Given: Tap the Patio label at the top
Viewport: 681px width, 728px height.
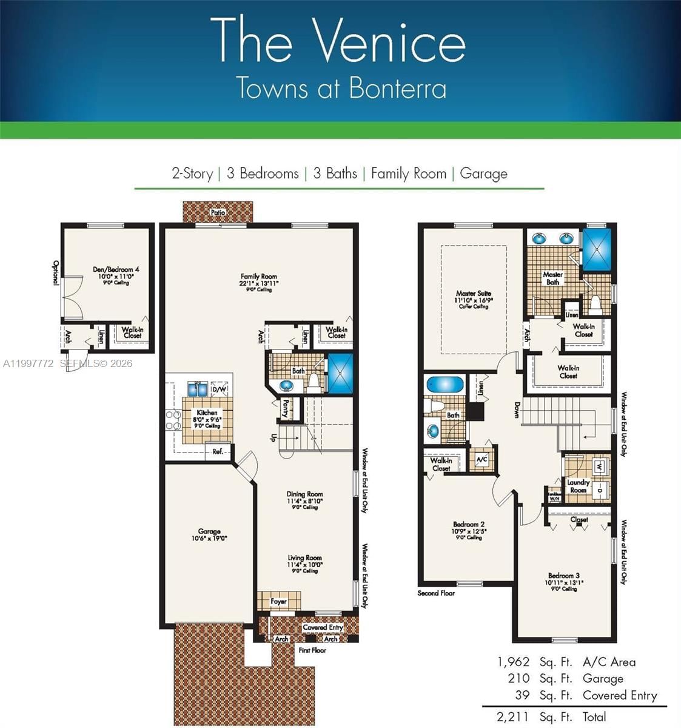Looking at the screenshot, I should point(218,212).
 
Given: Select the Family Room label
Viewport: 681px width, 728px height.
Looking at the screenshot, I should point(259,277).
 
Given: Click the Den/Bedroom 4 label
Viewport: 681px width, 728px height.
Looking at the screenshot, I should point(116,269).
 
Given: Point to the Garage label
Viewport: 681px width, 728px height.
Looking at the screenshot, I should point(209,531).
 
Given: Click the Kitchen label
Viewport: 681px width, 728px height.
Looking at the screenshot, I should point(207,413).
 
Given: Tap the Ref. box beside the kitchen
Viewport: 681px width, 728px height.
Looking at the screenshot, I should point(218,451).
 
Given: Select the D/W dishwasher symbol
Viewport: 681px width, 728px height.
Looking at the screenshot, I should point(220,389).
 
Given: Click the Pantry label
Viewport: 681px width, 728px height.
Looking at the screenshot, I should point(284,408).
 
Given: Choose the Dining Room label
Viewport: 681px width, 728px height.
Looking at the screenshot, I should point(304,494).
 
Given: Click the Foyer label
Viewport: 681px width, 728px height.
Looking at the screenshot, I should point(278,601).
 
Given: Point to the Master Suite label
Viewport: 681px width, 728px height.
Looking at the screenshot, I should point(474,294).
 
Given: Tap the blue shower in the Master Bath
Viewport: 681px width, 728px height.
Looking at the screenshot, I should point(597,249).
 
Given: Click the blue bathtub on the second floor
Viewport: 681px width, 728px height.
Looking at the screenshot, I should point(444,385).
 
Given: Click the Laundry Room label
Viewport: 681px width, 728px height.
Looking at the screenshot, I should point(578,486).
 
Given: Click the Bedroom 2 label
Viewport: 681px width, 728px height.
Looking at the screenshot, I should point(469,524).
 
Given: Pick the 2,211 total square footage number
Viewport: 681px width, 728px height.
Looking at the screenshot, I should point(513,717).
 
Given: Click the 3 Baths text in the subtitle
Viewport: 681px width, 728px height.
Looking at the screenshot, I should point(335,174).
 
